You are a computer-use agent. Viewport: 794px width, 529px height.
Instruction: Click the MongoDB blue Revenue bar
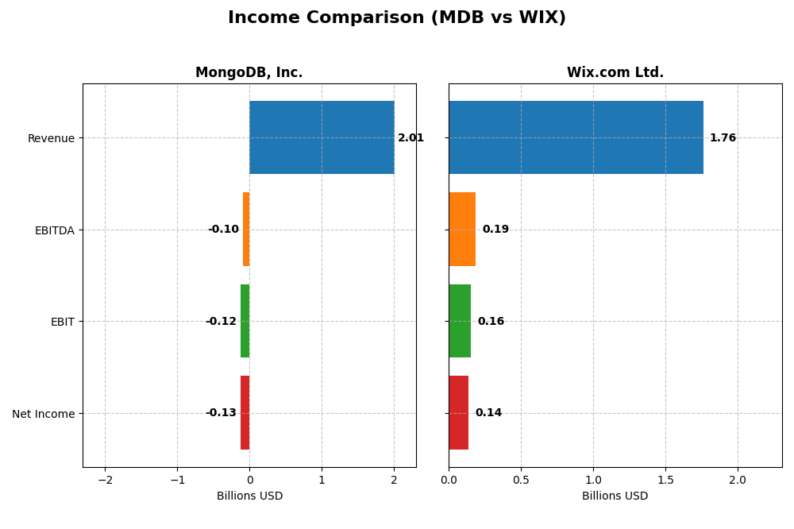point(322,137)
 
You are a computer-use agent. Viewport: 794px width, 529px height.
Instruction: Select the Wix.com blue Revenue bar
point(576,137)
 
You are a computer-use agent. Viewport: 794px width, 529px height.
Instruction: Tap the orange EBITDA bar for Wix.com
point(462,229)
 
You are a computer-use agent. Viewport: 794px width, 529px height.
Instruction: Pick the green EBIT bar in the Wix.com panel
point(460,321)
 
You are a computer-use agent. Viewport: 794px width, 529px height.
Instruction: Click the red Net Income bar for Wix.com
point(458,412)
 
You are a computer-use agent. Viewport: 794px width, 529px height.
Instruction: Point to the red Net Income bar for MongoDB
point(245,412)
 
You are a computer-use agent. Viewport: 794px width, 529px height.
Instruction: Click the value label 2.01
point(410,138)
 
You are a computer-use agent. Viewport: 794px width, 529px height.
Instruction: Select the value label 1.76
point(723,138)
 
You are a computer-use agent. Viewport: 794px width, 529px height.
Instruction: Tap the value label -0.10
point(223,230)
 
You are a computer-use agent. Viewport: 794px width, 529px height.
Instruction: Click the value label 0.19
point(495,230)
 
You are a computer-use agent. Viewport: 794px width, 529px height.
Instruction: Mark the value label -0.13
point(221,413)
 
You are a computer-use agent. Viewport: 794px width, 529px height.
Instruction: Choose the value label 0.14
point(488,413)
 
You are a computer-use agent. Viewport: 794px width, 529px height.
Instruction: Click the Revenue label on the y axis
point(51,138)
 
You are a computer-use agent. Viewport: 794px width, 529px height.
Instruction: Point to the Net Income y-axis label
point(43,414)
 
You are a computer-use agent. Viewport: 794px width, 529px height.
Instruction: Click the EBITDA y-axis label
point(54,230)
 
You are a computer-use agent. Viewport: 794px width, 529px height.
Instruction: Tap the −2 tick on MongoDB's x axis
point(105,480)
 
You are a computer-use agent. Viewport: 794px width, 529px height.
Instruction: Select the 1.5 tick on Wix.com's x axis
point(665,480)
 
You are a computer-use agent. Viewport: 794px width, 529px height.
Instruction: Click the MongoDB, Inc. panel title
point(249,73)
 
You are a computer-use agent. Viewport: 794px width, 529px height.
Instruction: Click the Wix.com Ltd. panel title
point(615,73)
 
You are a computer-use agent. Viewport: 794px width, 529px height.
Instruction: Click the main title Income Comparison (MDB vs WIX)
point(397,18)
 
